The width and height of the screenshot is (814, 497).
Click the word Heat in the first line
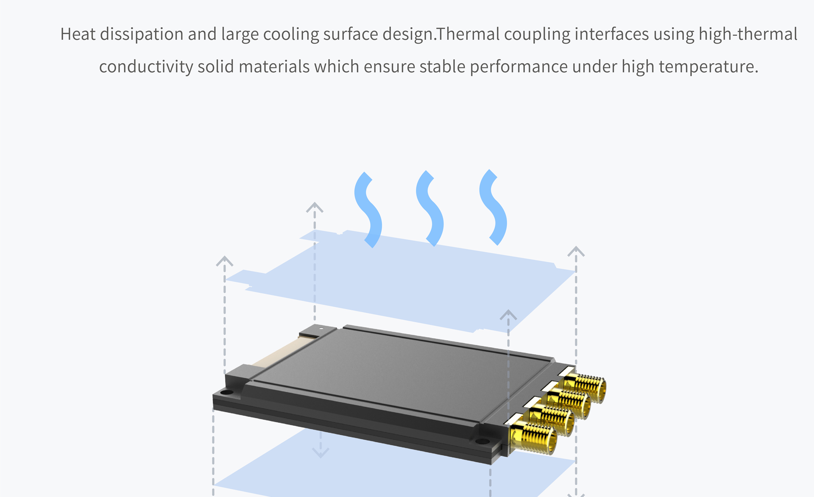(x=78, y=34)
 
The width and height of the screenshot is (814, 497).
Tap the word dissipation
(x=142, y=34)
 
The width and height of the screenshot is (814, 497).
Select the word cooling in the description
(x=291, y=34)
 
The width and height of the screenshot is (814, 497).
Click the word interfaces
(x=612, y=34)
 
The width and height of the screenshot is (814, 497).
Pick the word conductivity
(x=146, y=67)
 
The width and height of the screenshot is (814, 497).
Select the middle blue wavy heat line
(x=429, y=208)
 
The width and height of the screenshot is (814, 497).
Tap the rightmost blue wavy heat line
(x=493, y=207)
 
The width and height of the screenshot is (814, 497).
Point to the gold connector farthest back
(x=585, y=387)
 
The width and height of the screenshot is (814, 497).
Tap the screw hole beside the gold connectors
(x=482, y=441)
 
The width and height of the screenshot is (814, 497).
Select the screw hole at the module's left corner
(x=227, y=392)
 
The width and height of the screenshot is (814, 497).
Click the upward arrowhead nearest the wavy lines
(x=315, y=207)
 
